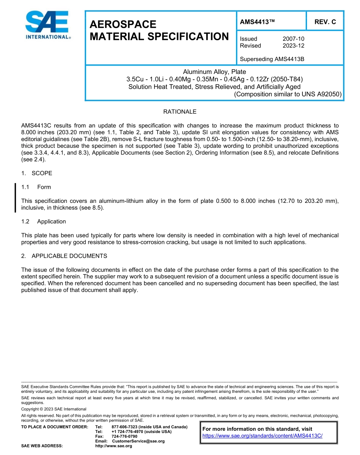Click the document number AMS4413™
[257, 22]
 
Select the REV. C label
[325, 22]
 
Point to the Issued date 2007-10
[293, 39]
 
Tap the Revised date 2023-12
[293, 45]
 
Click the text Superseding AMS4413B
[272, 59]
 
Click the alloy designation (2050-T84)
[284, 79]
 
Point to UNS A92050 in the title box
[323, 94]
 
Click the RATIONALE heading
[180, 112]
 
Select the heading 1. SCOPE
[37, 173]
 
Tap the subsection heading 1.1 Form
[36, 187]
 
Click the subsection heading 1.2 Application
[44, 221]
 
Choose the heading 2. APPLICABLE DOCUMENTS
[64, 256]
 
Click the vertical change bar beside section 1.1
[15, 198]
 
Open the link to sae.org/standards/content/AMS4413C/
[262, 436]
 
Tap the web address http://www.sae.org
[114, 446]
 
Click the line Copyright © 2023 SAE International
[54, 409]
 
